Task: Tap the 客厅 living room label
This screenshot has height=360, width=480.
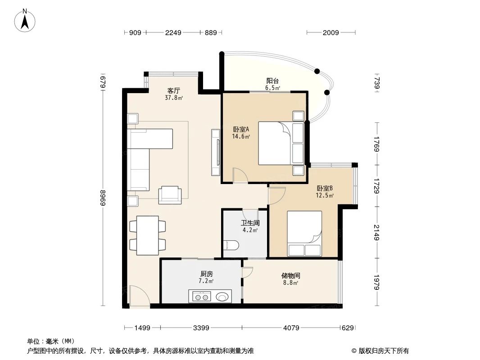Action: coord(174,90)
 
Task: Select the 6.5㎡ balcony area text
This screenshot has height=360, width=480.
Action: coord(272,88)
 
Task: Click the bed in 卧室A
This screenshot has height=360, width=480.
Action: coord(275,143)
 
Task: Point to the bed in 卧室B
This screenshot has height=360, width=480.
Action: coord(305,233)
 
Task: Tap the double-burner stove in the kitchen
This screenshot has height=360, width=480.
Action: coord(201,297)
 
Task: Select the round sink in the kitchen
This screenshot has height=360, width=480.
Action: coord(222,297)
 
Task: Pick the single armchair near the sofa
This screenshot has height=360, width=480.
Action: coord(170,194)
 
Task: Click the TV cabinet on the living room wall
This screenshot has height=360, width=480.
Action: coord(215,152)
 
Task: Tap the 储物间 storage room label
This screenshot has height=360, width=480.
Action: coord(291,275)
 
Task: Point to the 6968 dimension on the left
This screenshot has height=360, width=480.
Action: coord(103,198)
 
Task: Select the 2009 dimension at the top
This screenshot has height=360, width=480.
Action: coord(331,32)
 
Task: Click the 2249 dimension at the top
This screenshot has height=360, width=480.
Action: coord(173,32)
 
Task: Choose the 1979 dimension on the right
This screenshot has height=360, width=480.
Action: coord(377,282)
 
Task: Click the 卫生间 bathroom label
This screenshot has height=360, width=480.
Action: coord(250,223)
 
